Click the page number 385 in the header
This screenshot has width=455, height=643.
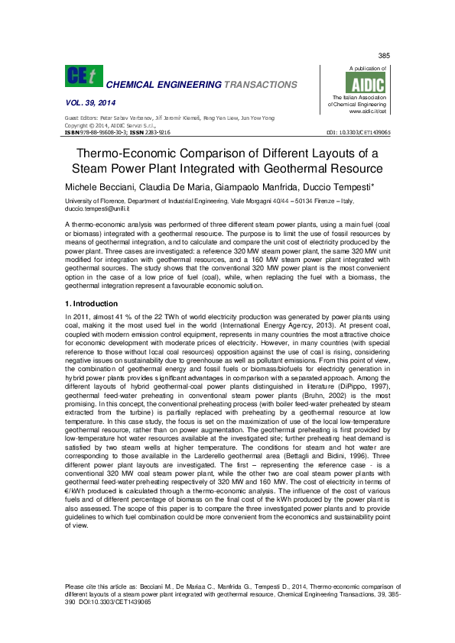coord(384,57)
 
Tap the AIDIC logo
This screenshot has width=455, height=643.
coord(362,84)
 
